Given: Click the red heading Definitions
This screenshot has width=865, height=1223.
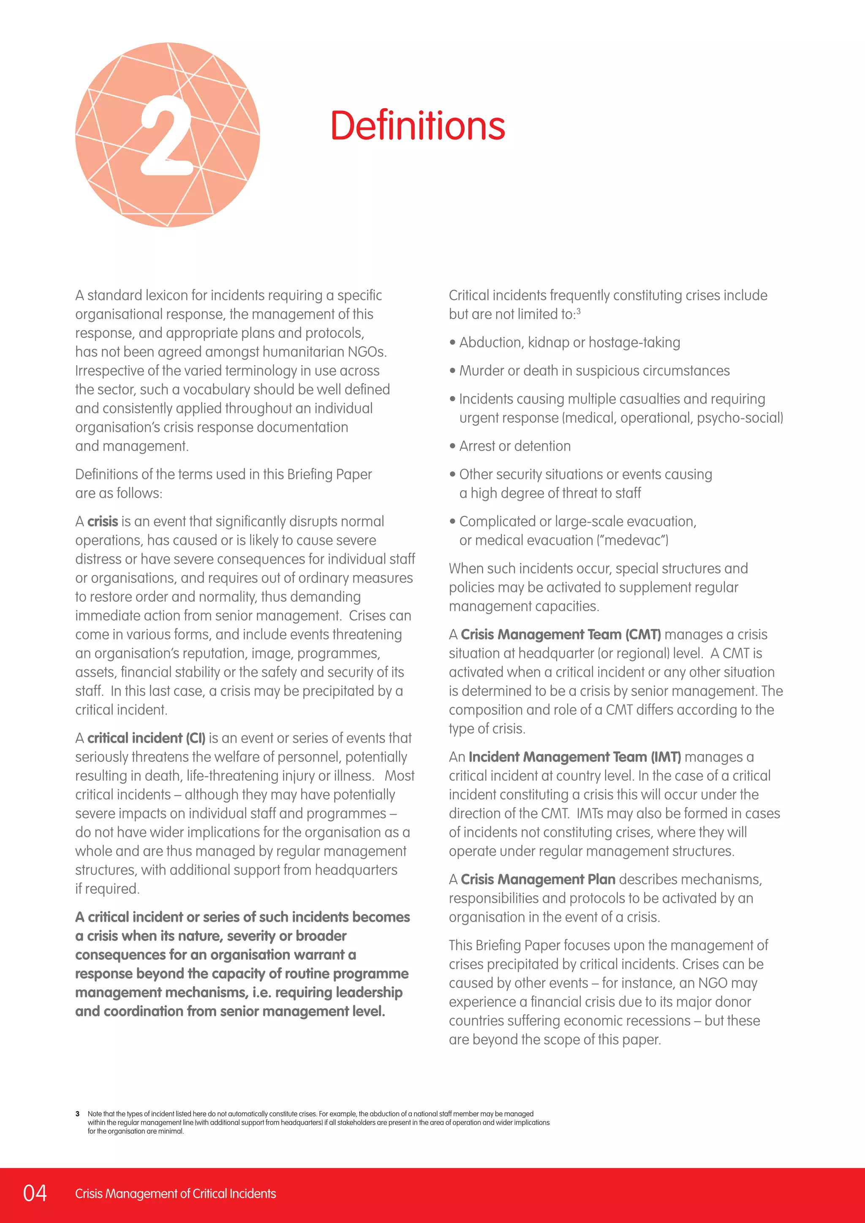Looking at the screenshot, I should tap(418, 126).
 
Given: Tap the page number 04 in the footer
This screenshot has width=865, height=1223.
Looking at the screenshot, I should tap(35, 1193).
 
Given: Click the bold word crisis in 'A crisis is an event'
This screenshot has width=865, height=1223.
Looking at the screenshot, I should tap(102, 521).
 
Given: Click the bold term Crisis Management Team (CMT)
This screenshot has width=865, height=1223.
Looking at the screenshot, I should tap(560, 635).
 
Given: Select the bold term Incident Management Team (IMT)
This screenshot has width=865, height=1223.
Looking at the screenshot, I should tap(575, 757).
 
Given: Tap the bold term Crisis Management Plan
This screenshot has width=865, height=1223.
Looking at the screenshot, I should tap(538, 879).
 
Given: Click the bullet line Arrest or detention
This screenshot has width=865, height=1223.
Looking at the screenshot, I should tap(514, 446).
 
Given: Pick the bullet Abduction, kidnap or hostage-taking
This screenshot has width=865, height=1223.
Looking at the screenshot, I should tap(569, 343).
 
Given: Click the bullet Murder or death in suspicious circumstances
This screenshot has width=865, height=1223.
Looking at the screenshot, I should tap(594, 371).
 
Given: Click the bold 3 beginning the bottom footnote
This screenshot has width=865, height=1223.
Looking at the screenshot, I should tap(77, 1114).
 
